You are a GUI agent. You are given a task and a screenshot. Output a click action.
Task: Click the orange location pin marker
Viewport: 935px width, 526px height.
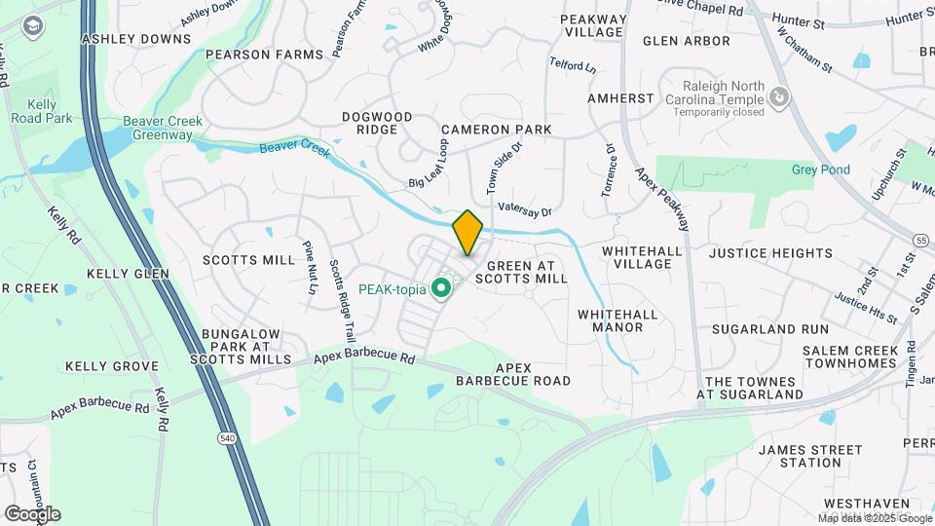[x=468, y=233]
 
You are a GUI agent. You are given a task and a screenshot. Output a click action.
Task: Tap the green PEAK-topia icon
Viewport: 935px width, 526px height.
[x=440, y=288]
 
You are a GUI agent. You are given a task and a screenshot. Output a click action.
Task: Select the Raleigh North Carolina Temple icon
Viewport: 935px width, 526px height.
[x=778, y=96]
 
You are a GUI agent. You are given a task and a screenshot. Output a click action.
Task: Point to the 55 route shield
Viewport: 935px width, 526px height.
[x=921, y=240]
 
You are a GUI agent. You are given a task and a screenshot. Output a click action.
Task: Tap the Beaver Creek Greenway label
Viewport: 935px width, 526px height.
[x=163, y=128]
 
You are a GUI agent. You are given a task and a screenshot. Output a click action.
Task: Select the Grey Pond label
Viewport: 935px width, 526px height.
[x=820, y=169]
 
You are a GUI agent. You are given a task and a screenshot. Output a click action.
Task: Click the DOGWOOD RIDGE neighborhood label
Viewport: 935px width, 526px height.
[x=377, y=123]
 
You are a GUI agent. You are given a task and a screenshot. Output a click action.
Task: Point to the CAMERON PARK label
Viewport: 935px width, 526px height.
[x=496, y=130]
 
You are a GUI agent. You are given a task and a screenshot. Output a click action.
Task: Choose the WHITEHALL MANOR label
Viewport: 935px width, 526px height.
[x=617, y=320]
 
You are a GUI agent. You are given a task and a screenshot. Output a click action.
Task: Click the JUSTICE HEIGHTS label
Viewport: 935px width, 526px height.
[x=770, y=253]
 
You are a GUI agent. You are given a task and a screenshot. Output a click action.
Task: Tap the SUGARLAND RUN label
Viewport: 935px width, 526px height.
[x=769, y=329]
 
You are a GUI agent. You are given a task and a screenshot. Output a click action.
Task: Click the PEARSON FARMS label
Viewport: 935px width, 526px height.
[x=263, y=55]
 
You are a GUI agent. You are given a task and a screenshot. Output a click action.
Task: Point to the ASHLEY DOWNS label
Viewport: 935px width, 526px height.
[x=136, y=39]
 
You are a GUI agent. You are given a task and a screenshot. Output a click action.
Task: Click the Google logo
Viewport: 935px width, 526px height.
[x=32, y=514]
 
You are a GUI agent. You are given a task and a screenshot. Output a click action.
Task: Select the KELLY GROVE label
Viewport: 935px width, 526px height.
[x=111, y=366]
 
